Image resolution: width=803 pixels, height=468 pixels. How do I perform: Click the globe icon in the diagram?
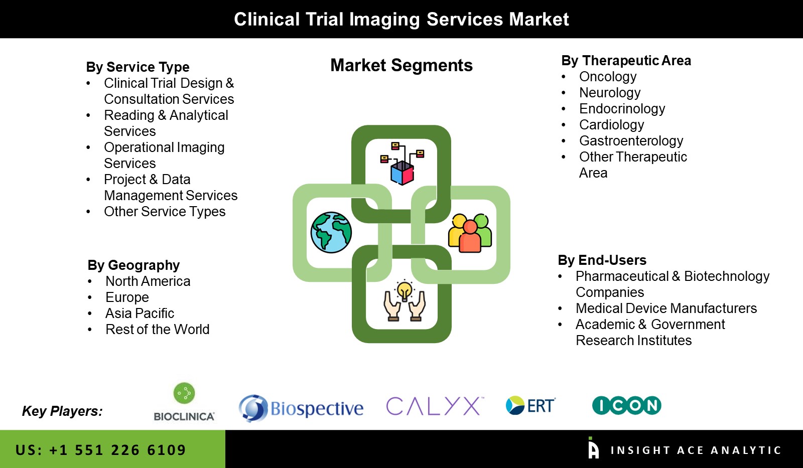pyautogui.click(x=331, y=232)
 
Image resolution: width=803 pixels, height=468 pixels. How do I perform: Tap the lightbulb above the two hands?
pyautogui.click(x=405, y=290)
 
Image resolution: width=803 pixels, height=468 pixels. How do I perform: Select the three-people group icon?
pyautogui.click(x=470, y=233)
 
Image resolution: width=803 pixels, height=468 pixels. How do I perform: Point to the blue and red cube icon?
pyautogui.click(x=402, y=172)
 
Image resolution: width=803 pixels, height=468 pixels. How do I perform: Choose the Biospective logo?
pyautogui.click(x=301, y=408)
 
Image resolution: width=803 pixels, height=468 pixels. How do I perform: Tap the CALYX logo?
pyautogui.click(x=435, y=406)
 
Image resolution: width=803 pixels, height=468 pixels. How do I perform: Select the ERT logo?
pyautogui.click(x=530, y=405)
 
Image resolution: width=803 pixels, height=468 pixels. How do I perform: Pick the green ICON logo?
pyautogui.click(x=626, y=405)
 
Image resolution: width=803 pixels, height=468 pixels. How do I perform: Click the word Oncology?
pyautogui.click(x=608, y=77)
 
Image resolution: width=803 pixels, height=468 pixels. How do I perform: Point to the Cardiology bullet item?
pyautogui.click(x=611, y=125)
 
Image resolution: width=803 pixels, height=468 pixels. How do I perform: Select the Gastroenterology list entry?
pyautogui.click(x=631, y=141)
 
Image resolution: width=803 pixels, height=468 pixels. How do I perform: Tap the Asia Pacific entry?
pyautogui.click(x=140, y=314)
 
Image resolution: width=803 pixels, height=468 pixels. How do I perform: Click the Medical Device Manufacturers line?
pyautogui.click(x=666, y=308)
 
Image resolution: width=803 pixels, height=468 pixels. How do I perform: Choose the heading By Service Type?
pyautogui.click(x=138, y=67)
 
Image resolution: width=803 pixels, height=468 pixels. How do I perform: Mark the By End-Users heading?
pyautogui.click(x=602, y=260)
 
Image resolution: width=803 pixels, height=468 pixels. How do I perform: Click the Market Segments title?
pyautogui.click(x=401, y=66)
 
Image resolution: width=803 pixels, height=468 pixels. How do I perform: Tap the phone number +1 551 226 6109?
pyautogui.click(x=117, y=450)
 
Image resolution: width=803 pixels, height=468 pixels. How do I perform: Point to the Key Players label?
pyautogui.click(x=62, y=411)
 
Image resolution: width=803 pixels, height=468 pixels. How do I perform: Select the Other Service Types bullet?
pyautogui.click(x=165, y=212)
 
